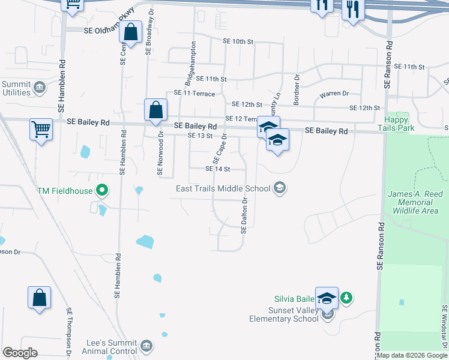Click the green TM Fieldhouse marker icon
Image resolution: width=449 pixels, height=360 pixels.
(103, 191)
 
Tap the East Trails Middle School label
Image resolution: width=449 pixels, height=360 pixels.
(223, 189)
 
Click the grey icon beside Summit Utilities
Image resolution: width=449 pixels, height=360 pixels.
(40, 88)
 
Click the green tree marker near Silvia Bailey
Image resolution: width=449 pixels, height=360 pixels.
(346, 297)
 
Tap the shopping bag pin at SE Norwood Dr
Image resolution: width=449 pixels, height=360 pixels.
(155, 110)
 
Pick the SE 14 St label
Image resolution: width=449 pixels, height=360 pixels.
(218, 169)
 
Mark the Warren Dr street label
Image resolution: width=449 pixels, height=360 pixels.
(334, 94)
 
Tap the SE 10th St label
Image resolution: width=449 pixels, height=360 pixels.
(238, 41)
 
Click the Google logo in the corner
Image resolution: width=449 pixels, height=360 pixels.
(20, 353)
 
